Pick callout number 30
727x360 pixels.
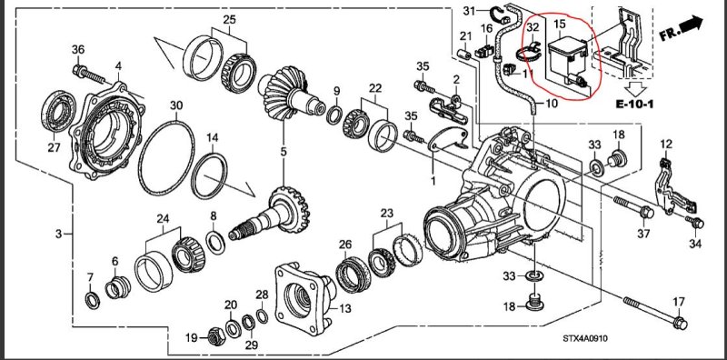pos(176,105)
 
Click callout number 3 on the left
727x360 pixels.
pos(58,235)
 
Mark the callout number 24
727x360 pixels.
pos(164,219)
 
